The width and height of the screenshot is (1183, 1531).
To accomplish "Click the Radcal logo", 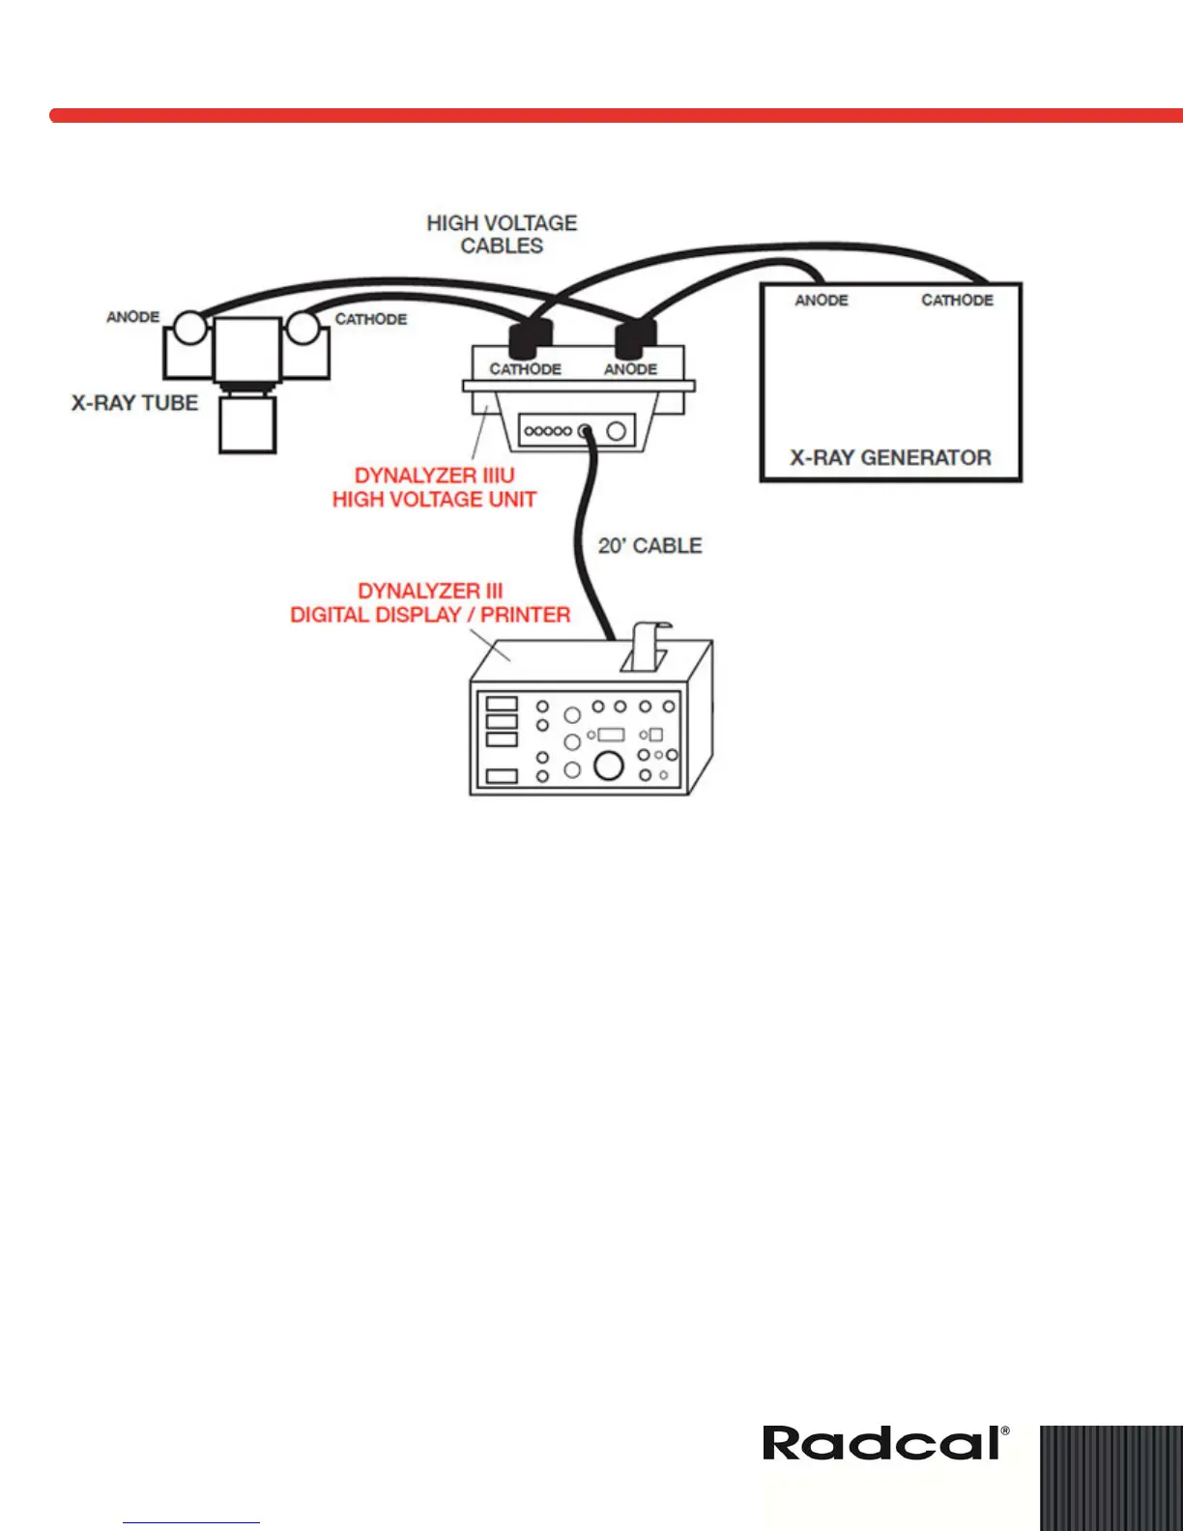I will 885,1444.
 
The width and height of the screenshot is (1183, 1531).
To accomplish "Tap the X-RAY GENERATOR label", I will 890,458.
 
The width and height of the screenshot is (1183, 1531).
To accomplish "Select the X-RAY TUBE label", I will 134,403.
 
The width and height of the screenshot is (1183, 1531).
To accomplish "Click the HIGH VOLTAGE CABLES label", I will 502,235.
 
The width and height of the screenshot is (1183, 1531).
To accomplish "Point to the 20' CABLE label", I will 649,546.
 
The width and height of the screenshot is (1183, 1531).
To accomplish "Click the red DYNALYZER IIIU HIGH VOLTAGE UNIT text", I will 434,487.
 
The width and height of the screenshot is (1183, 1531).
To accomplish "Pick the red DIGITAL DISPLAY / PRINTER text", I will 430,615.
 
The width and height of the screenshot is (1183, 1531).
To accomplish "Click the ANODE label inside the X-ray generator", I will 821,301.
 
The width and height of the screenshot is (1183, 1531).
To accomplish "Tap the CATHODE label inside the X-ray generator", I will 957,301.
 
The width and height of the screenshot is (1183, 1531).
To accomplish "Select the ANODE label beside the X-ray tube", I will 132,317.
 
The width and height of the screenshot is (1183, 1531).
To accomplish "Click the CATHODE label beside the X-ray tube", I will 371,319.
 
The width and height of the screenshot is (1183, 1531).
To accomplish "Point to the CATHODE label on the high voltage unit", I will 525,369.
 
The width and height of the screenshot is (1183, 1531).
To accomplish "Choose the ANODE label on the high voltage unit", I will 630,369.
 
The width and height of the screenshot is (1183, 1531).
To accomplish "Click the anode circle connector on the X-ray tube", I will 190,328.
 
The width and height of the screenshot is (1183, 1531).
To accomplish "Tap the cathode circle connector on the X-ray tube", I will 303,328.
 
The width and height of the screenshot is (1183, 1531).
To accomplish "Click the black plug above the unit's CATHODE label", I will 529,338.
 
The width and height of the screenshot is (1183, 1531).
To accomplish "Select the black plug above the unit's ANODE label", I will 635,338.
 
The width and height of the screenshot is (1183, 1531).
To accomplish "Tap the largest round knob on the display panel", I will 608,765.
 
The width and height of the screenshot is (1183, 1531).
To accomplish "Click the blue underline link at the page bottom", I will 191,1522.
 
